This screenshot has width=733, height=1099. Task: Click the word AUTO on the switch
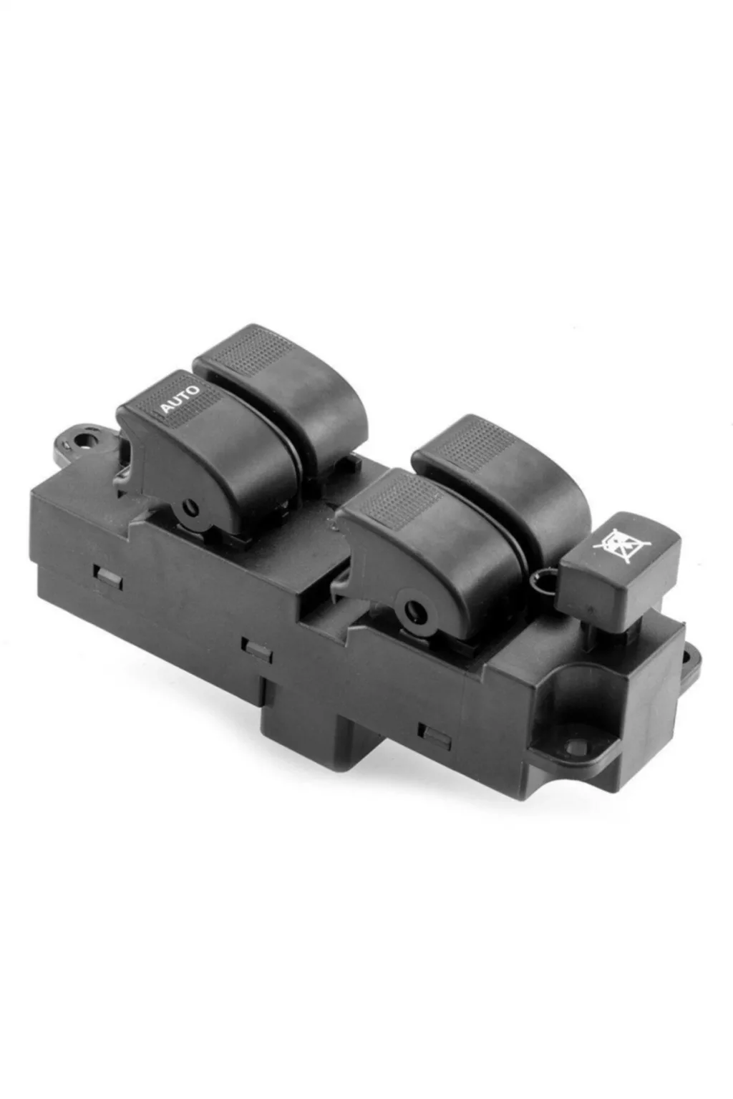[180, 399]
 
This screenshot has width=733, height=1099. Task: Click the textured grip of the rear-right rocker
[475, 444]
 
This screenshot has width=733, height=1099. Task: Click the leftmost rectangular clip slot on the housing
[108, 577]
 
